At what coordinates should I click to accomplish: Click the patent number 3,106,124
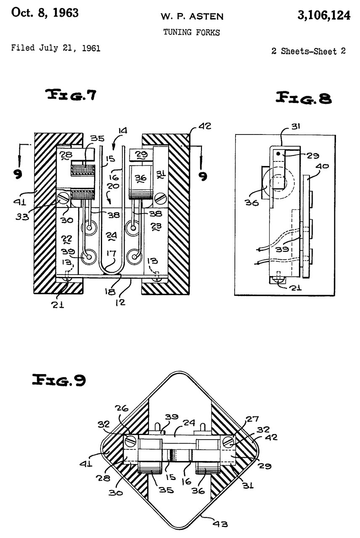(324, 16)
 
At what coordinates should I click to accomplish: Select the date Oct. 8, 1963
(45, 13)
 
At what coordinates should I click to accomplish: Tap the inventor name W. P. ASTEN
(192, 16)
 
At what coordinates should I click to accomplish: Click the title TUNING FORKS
(191, 32)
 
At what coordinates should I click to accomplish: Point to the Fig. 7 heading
(71, 95)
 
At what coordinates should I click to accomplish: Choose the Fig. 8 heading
(304, 98)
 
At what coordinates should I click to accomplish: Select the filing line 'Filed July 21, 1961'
(56, 48)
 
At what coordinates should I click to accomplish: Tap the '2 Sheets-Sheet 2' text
(309, 51)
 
